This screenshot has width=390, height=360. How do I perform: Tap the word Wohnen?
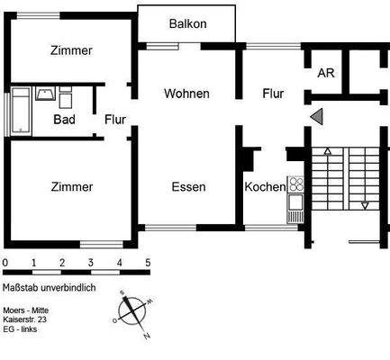186,94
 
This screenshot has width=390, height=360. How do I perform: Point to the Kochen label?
265,187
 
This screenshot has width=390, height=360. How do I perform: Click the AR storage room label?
325,73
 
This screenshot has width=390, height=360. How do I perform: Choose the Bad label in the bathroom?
64,119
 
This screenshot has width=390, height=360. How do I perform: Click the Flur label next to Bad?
114,119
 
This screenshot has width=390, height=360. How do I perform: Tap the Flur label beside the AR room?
274,94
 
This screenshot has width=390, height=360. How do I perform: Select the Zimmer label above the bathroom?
71,51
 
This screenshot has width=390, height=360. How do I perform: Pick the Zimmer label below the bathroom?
71,187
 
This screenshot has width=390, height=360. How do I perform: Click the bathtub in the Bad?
19,112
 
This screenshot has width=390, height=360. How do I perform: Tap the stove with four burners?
296,185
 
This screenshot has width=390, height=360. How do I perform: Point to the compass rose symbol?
132,311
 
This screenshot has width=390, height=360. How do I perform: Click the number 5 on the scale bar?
148,264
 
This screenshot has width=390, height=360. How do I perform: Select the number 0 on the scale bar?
5,264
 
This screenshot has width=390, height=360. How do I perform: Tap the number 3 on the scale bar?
90,264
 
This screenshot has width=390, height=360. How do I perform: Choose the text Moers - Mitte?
27,310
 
